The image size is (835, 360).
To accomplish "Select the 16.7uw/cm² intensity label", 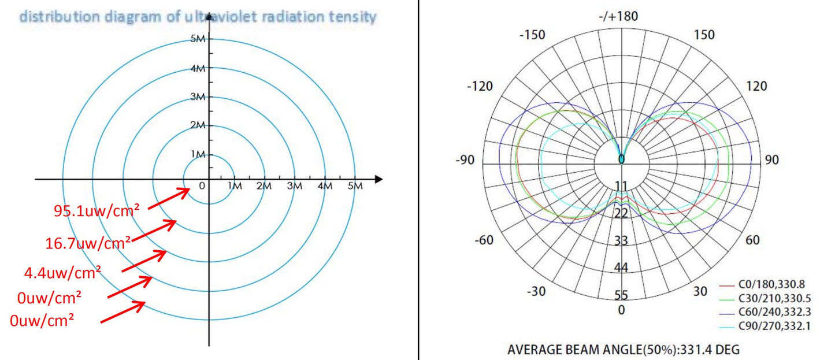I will pyautogui.click(x=88, y=243).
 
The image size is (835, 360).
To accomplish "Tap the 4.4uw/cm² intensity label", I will pyautogui.click(x=63, y=271).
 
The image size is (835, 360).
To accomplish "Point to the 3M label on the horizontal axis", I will pyautogui.click(x=295, y=186).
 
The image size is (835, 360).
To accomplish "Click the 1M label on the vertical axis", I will pyautogui.click(x=198, y=154).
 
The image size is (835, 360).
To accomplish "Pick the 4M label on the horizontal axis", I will pyautogui.click(x=325, y=186).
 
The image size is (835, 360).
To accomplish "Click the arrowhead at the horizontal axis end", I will pyautogui.click(x=378, y=179).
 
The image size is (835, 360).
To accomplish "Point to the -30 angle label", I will pyautogui.click(x=537, y=291).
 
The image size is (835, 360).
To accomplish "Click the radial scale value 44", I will pyautogui.click(x=621, y=268).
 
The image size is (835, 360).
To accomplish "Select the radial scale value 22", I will pyautogui.click(x=621, y=213).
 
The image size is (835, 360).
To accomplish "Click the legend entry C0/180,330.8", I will pyautogui.click(x=771, y=284).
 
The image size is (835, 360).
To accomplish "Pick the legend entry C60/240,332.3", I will pyautogui.click(x=773, y=313).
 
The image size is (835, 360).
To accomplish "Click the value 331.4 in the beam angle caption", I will pyautogui.click(x=697, y=350).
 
